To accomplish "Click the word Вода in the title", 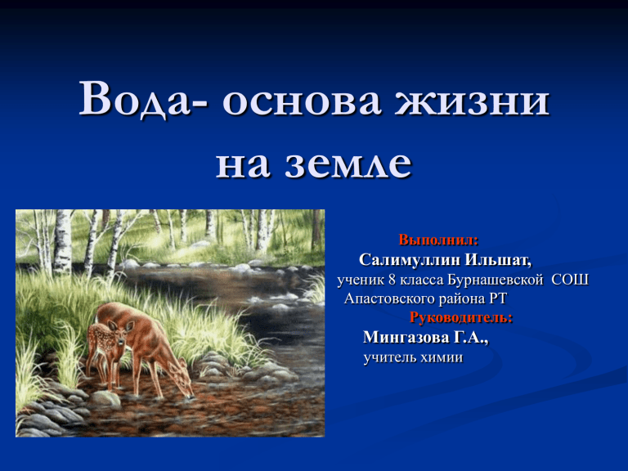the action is point(138,98).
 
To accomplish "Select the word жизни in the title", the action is point(472,101).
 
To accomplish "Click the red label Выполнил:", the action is point(438,240).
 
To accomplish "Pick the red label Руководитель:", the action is point(461,317).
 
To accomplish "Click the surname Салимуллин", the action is point(410,260).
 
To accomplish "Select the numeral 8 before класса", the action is point(392,280).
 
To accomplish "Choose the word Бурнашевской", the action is point(495,280).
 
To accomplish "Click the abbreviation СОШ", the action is point(570,280).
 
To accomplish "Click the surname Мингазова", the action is point(406,337).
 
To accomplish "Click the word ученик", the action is point(361,280).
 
